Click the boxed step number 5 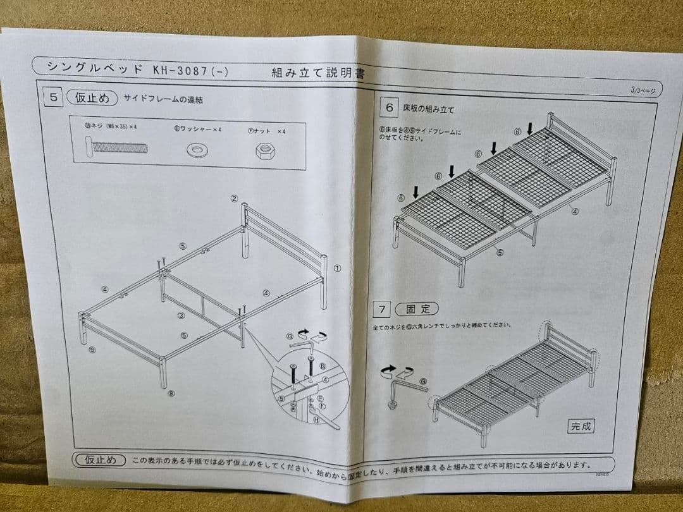[54, 97]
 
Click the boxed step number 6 [390, 107]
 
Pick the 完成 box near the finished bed [581, 426]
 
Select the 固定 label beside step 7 [417, 309]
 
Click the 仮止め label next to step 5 [92, 98]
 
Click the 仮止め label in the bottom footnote [100, 460]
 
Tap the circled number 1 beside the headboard [337, 268]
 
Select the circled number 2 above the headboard [234, 198]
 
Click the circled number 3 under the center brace [182, 315]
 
